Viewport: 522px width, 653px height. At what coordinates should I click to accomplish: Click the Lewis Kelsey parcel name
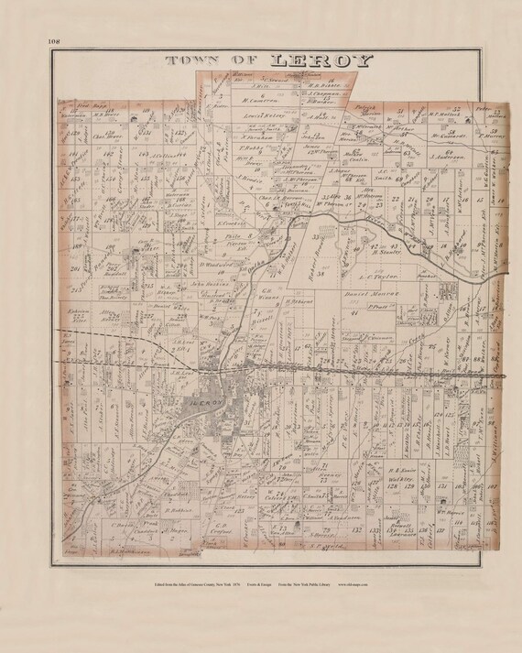coord(266,117)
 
